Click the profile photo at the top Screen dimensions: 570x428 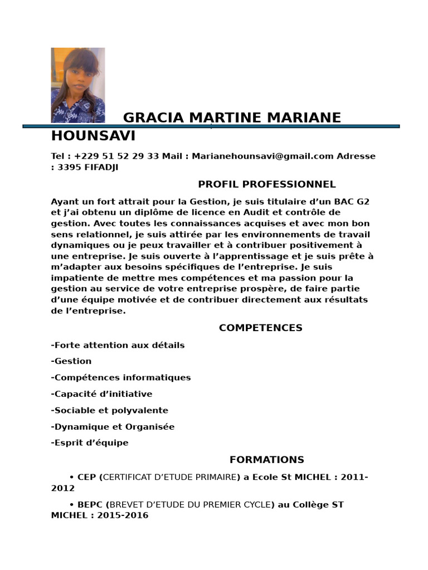point(77,85)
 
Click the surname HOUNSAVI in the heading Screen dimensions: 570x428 point(93,136)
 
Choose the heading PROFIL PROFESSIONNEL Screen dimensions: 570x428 point(267,184)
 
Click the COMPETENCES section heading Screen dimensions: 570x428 point(260,328)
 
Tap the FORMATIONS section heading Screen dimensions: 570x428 point(266,460)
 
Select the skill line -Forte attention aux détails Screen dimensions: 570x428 point(118,345)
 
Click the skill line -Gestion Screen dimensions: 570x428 point(71,361)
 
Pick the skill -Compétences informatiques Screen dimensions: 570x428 point(121,377)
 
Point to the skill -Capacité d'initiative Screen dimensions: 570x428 point(101,394)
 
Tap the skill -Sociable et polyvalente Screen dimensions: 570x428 point(109,410)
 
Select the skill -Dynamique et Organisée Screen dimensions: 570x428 point(113,427)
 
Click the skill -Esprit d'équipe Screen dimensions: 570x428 point(90,443)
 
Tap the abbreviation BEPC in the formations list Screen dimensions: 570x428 point(90,505)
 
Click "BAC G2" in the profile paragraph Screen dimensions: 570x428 point(352,201)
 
